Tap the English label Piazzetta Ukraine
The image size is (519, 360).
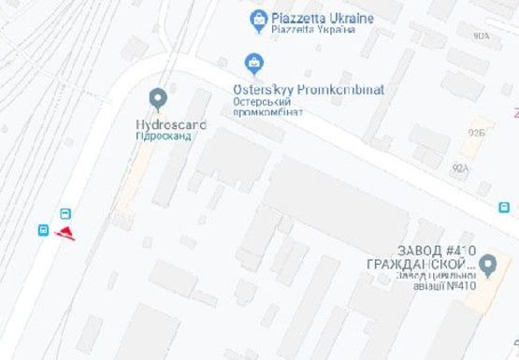tap(322, 18)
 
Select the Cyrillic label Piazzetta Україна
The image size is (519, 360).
tap(313, 29)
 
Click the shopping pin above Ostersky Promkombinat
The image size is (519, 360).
tap(251, 64)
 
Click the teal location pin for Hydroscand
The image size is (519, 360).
tap(157, 98)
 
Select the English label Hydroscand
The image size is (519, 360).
tap(171, 124)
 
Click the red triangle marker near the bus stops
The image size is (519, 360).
tap(65, 231)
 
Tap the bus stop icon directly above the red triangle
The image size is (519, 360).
tap(65, 213)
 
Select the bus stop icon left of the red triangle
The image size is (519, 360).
tap(44, 230)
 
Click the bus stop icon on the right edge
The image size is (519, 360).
tap(504, 208)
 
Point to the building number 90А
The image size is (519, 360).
tap(482, 36)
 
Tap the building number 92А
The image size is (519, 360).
tap(459, 168)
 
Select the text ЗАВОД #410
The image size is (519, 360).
tap(438, 250)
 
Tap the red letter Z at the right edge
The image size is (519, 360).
tap(514, 113)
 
